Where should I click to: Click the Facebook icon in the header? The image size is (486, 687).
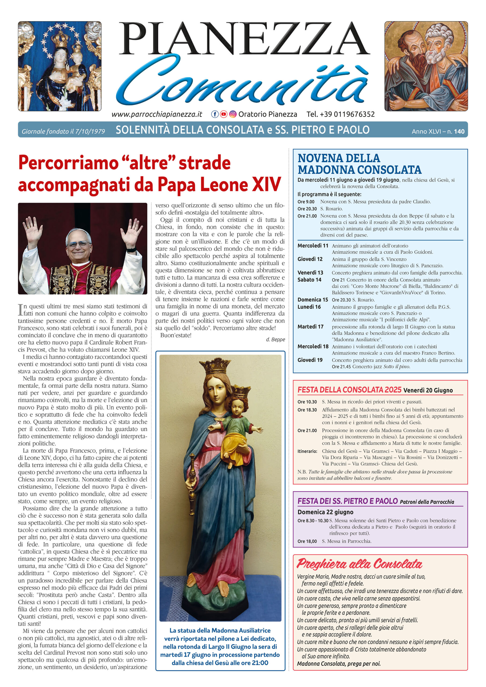click(215, 114)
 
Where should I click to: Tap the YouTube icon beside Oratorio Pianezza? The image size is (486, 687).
click(223, 114)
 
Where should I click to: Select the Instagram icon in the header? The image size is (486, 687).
click(233, 114)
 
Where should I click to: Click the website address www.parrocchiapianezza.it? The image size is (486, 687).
click(157, 114)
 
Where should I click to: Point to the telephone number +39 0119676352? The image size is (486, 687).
click(340, 114)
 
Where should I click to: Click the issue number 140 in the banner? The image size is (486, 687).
click(459, 131)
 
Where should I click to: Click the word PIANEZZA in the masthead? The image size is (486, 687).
click(244, 39)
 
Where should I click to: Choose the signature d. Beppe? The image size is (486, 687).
click(275, 339)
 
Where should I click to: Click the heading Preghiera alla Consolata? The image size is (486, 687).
click(359, 564)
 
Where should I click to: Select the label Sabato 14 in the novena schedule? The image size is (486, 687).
click(309, 280)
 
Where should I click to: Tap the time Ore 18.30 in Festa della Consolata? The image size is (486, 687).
click(307, 410)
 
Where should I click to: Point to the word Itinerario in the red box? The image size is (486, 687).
click(307, 451)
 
